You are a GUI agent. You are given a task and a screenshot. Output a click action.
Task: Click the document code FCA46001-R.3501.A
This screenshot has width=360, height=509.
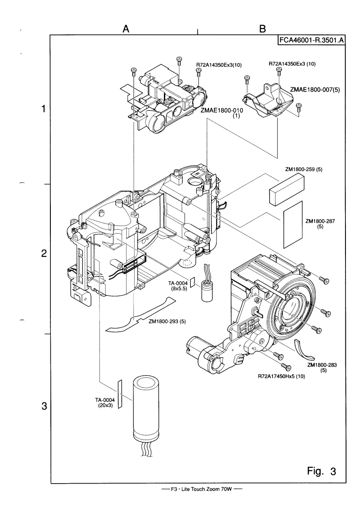[311, 40]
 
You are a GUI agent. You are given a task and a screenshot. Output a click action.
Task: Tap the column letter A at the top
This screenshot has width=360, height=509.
[126, 29]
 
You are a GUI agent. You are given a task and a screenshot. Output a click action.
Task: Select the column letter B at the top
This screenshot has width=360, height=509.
[262, 29]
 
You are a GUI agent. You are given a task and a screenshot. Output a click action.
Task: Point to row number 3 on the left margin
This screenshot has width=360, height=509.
[44, 406]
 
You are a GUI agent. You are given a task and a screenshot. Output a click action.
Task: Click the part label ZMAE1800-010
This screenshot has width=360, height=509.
[222, 110]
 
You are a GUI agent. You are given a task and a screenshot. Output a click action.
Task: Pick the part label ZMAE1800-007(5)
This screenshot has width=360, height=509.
[315, 89]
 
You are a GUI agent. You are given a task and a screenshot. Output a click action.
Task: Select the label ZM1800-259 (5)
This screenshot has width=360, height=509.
[303, 169]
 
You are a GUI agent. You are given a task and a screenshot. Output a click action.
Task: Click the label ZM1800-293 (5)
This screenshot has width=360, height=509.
[168, 321]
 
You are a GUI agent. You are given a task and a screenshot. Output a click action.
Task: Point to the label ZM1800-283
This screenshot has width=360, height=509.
[322, 365]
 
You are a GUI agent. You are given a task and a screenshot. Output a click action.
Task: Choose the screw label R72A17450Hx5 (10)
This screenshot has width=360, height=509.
[281, 377]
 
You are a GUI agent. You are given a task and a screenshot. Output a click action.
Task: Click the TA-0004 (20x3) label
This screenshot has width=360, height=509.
[105, 403]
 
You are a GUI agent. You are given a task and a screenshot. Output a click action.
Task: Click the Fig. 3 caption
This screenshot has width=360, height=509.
[322, 471]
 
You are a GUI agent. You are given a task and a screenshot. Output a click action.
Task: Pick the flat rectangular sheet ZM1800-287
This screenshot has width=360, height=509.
[293, 224]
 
